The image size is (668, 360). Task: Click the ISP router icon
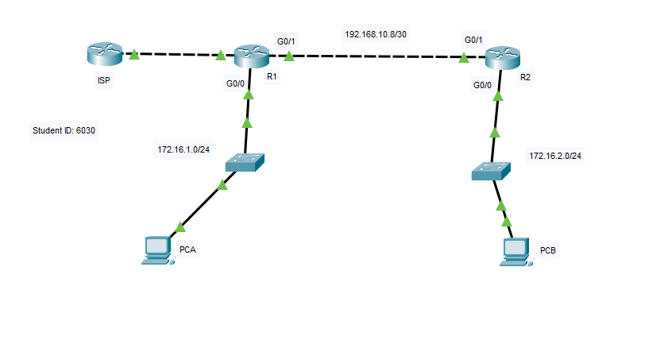(x=105, y=54)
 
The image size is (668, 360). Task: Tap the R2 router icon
(x=503, y=56)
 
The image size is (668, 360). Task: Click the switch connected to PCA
(x=245, y=162)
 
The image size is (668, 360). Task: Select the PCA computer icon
(x=156, y=250)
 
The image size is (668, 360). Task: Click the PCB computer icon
(x=517, y=251)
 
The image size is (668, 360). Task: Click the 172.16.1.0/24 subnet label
(x=183, y=149)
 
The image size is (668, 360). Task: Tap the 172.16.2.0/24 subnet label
(x=555, y=156)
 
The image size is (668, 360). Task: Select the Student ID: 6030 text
(x=64, y=131)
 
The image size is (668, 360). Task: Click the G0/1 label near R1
(x=287, y=40)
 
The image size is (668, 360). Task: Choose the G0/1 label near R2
(x=474, y=39)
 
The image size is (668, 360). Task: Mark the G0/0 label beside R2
(x=482, y=84)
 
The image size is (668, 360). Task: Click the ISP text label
(x=103, y=80)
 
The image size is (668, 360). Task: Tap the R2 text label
(x=525, y=79)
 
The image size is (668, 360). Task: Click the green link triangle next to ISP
(x=134, y=55)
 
